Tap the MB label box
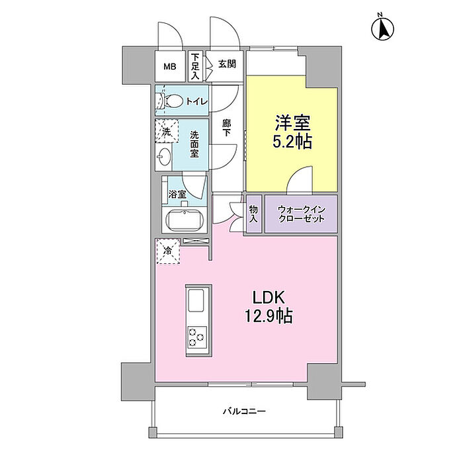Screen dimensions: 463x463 click(x=171, y=67)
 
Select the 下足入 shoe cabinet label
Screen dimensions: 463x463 click(x=195, y=67)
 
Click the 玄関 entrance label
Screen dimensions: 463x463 click(x=228, y=65)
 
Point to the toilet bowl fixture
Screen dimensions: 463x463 click(x=172, y=101)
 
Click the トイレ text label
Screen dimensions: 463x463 click(x=196, y=101)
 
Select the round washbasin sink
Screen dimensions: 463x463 click(x=165, y=157)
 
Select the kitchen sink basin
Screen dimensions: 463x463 click(x=198, y=302)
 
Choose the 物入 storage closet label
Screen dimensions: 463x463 click(x=253, y=214)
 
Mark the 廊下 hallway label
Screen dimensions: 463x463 click(x=226, y=127)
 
